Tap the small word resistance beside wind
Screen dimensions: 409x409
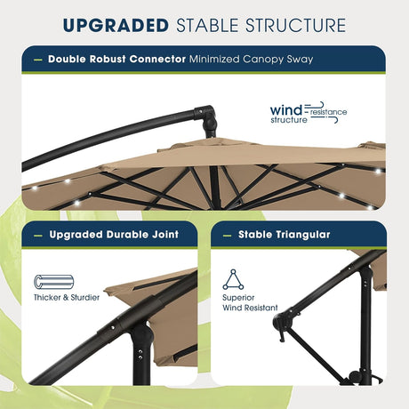(x=328, y=112)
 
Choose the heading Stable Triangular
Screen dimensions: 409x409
(x=272, y=235)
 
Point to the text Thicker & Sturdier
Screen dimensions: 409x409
(x=67, y=297)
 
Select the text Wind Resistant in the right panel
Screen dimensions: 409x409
(x=251, y=309)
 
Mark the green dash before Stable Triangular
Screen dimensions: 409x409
(x=229, y=235)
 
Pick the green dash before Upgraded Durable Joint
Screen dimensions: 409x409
(x=37, y=235)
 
